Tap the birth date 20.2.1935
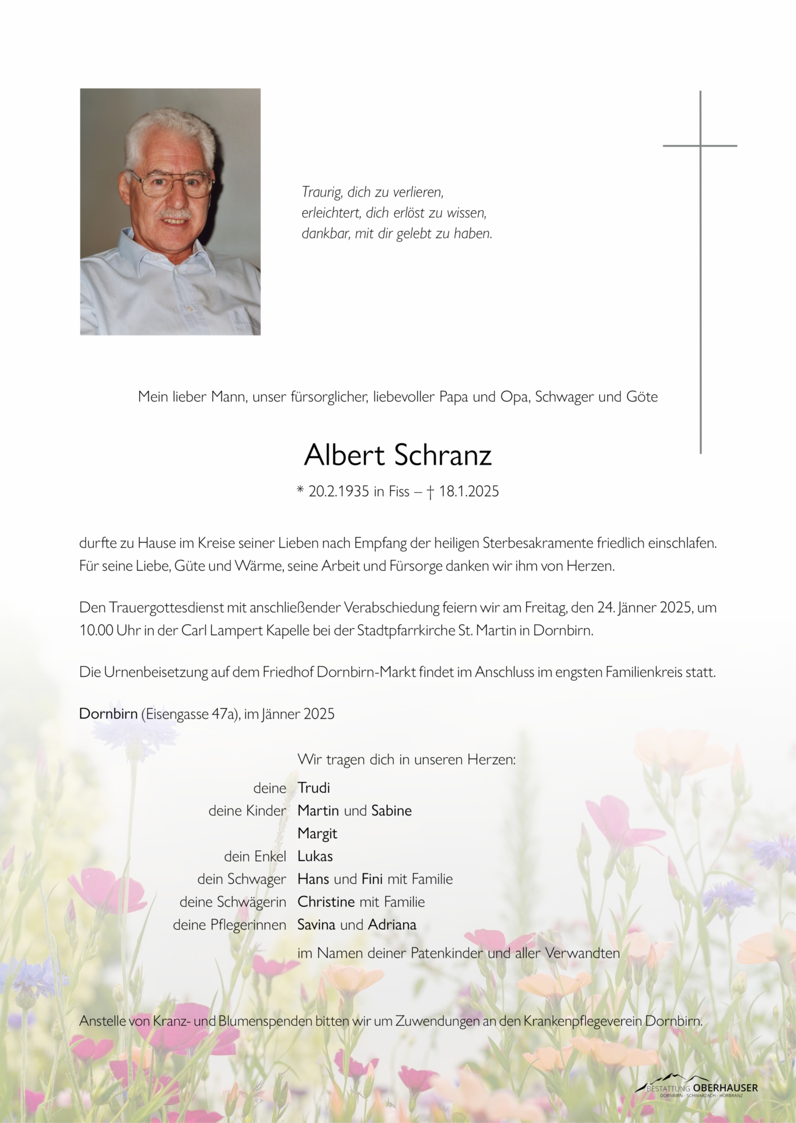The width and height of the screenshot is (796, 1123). (x=338, y=491)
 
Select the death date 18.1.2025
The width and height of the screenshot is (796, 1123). (x=469, y=491)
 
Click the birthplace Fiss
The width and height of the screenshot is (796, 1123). (x=399, y=491)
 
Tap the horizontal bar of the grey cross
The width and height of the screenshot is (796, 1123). (x=700, y=146)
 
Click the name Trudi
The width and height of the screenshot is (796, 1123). (x=314, y=788)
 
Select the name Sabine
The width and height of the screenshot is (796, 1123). (x=391, y=810)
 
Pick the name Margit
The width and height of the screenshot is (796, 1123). (x=317, y=833)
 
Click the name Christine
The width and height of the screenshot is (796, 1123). (x=326, y=902)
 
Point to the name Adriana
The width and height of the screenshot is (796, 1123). (x=392, y=924)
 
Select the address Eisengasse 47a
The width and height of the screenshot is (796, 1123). (x=190, y=714)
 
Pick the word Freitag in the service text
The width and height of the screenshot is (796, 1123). (x=545, y=608)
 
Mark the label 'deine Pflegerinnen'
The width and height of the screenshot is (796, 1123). (x=229, y=925)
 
